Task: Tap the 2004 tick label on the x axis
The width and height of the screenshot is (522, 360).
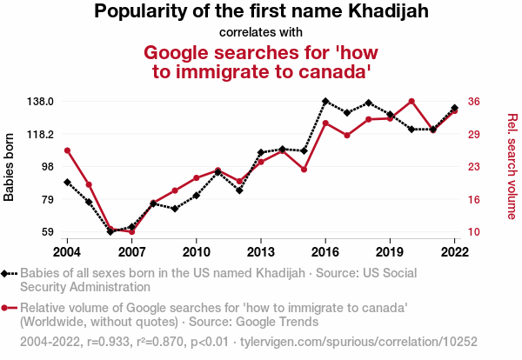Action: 67,251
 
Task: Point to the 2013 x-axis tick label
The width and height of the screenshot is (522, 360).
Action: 260,251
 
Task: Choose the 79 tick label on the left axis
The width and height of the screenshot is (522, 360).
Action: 48,200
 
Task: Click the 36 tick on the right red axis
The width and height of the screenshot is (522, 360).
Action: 474,101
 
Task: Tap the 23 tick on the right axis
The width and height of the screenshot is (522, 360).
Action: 474,167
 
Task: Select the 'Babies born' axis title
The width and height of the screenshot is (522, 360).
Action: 10,167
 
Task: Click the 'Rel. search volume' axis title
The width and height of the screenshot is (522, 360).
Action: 512,167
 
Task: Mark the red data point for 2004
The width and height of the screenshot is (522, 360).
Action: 67,150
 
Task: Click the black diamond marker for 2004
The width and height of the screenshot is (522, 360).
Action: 67,183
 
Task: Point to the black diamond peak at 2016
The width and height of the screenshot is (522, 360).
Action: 325,102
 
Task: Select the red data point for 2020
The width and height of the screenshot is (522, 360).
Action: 412,102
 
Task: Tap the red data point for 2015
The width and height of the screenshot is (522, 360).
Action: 304,170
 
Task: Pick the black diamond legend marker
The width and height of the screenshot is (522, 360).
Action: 7,274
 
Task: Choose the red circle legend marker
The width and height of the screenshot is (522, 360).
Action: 7,308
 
